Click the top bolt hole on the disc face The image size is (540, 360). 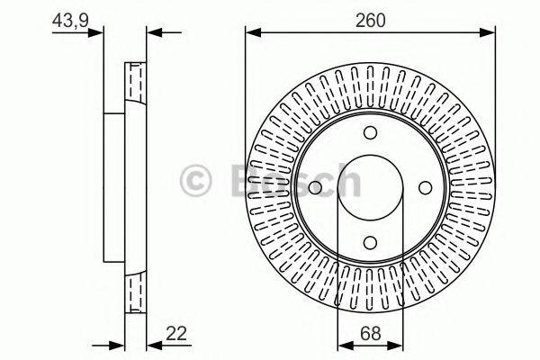pyautogui.click(x=370, y=133)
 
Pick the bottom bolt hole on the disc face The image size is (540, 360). pyautogui.click(x=370, y=241)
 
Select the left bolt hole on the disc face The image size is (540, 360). pyautogui.click(x=316, y=187)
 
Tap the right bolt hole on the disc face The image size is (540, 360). pyautogui.click(x=424, y=187)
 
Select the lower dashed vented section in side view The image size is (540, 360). pyautogui.click(x=134, y=290)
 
